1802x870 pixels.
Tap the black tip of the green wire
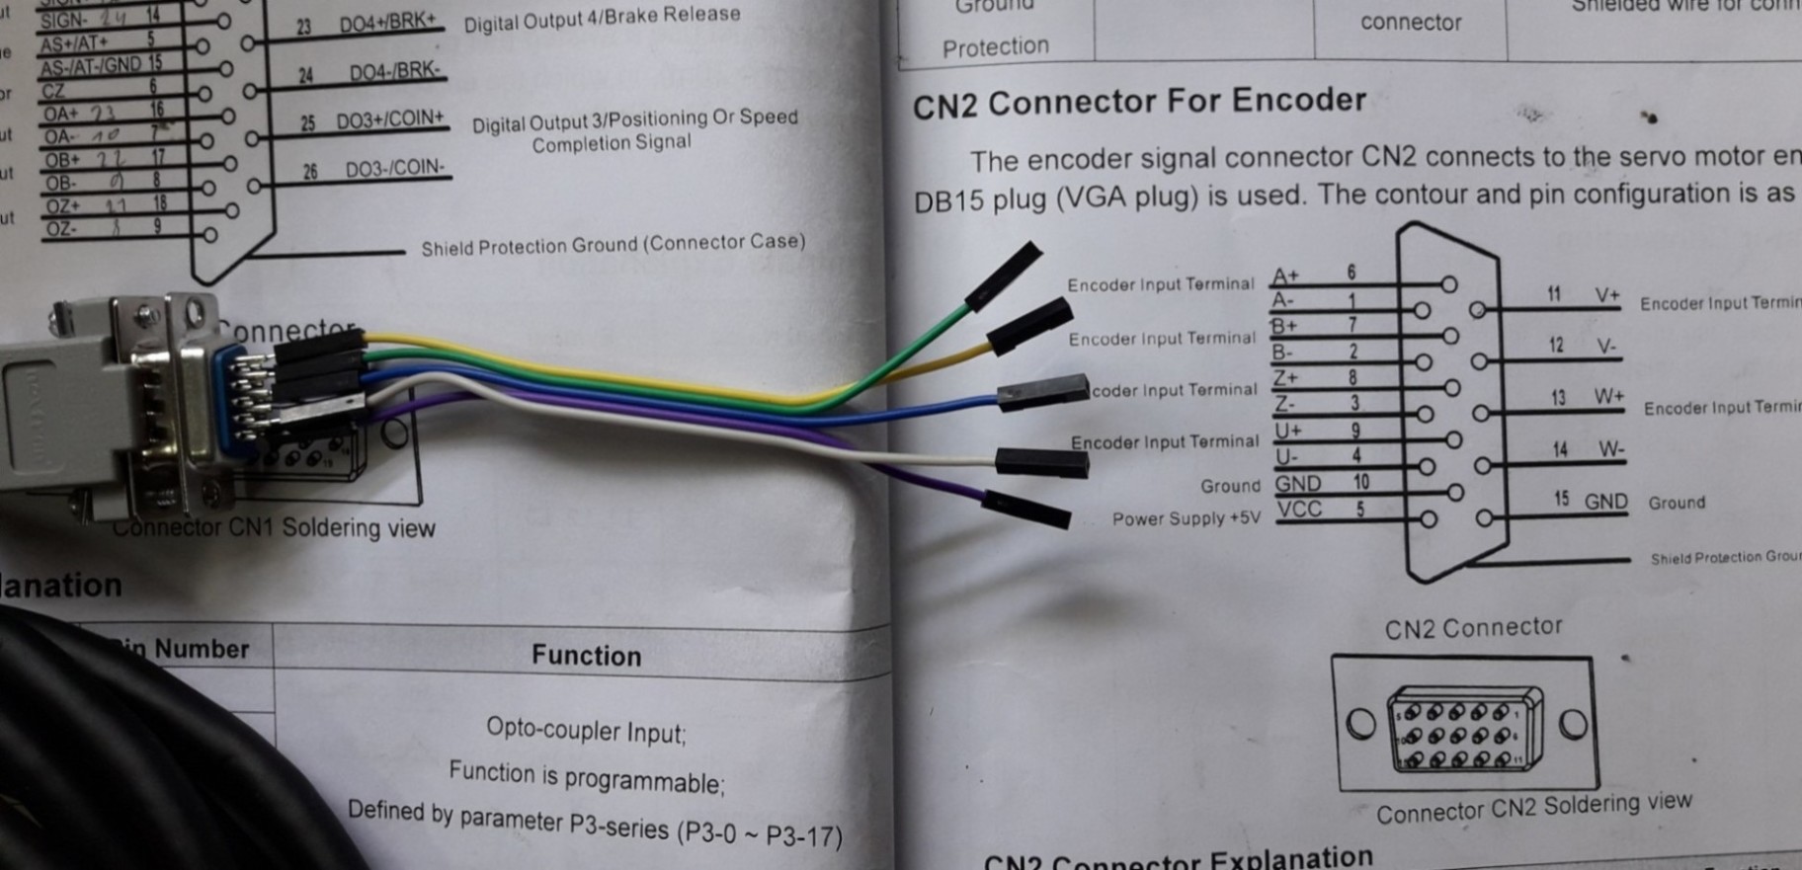(1004, 275)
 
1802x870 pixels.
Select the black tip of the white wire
(1041, 461)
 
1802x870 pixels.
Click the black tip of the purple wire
(1027, 510)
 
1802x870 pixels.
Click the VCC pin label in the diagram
(1298, 510)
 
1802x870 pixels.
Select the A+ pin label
(1286, 276)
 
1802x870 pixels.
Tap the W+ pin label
(1608, 397)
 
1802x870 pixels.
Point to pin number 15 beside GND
(1561, 499)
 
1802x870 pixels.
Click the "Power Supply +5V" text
(1186, 519)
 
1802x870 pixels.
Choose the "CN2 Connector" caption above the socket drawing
(1473, 628)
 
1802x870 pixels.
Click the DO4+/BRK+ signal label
(387, 24)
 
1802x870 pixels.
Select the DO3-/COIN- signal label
(394, 169)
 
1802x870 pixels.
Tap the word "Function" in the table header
(586, 656)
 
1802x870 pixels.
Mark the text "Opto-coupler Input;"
(586, 731)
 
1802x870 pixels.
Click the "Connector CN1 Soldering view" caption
(275, 527)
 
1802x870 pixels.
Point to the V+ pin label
(1607, 295)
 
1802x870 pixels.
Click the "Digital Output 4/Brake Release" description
(602, 18)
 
